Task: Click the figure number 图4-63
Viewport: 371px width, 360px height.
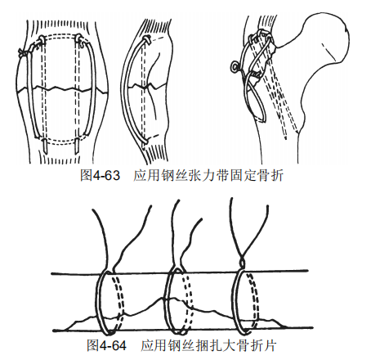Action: [x=100, y=175]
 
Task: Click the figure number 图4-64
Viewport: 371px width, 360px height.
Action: [x=107, y=345]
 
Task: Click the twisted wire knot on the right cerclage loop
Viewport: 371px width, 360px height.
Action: [x=242, y=263]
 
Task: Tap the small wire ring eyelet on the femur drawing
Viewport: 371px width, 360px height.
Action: [x=234, y=65]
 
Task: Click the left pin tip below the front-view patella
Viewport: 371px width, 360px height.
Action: [x=44, y=146]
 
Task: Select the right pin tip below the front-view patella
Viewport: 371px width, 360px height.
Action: [x=77, y=146]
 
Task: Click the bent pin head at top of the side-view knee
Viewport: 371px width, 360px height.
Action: [x=145, y=39]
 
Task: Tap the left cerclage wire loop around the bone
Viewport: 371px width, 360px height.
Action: [x=97, y=300]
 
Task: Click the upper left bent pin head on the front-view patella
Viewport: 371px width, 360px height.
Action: [x=42, y=39]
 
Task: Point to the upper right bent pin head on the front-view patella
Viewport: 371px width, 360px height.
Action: [x=78, y=38]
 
